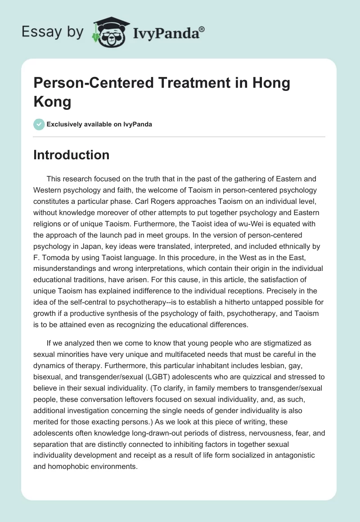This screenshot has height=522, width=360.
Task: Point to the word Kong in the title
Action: (52, 102)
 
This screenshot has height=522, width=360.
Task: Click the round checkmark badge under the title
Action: (39, 124)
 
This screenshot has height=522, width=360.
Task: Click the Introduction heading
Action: (72, 155)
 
